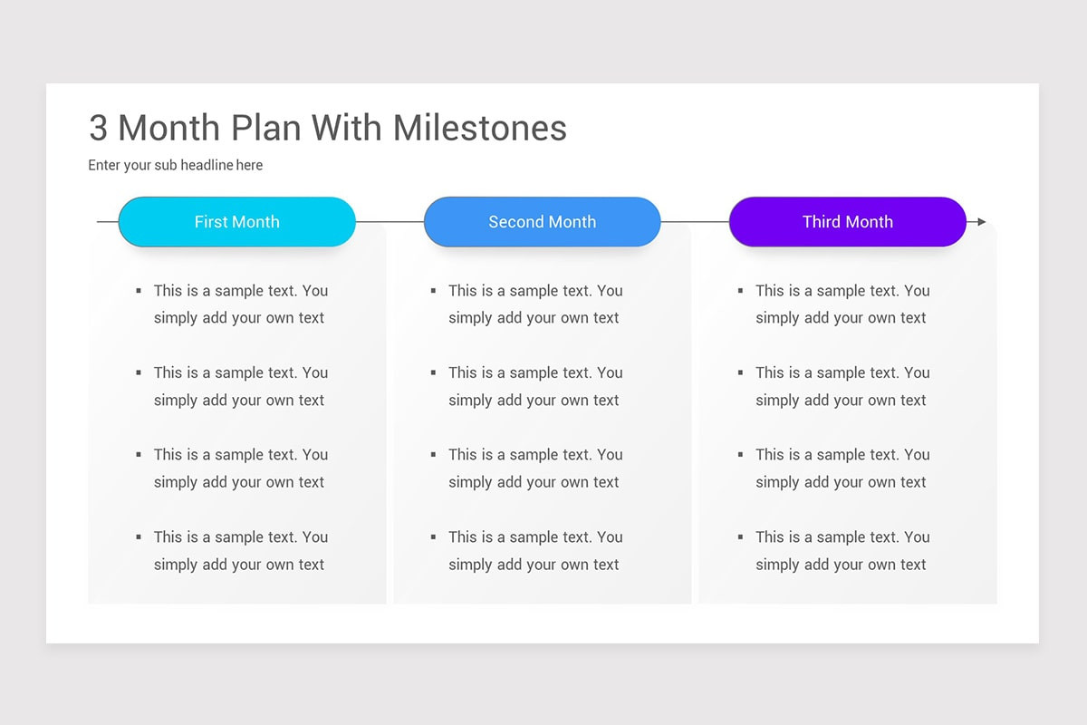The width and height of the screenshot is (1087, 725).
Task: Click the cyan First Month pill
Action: coord(236,221)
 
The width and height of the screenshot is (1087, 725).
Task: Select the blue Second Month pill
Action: coord(542,221)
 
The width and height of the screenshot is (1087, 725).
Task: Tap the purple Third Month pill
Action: coord(847,221)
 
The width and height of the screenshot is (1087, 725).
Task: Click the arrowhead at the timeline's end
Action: coord(982,222)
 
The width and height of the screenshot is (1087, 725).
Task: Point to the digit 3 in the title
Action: coord(98,128)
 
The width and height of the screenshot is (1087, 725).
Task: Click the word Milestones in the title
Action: coord(479,128)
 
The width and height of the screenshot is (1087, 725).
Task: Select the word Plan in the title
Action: coord(266,128)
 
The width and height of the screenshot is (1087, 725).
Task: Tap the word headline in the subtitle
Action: coord(207,165)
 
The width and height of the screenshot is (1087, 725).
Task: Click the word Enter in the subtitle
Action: coord(104,165)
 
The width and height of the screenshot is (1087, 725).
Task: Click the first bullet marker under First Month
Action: coord(139,291)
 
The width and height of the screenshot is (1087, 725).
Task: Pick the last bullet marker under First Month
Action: coord(139,537)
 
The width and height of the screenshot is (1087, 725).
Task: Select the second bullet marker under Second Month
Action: coord(433,373)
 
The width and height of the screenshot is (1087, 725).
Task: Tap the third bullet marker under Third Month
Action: coord(741,455)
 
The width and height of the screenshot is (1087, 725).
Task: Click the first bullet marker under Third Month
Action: coord(741,291)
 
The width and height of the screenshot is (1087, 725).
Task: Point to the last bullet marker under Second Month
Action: coord(433,537)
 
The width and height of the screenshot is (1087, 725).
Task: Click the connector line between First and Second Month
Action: coord(390,222)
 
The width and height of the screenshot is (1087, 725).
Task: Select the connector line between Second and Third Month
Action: coord(695,222)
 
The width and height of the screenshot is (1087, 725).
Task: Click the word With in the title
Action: coord(346,128)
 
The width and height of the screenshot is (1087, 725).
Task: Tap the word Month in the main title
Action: coord(168,128)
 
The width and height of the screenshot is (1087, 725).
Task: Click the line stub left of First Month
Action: coord(108,222)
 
